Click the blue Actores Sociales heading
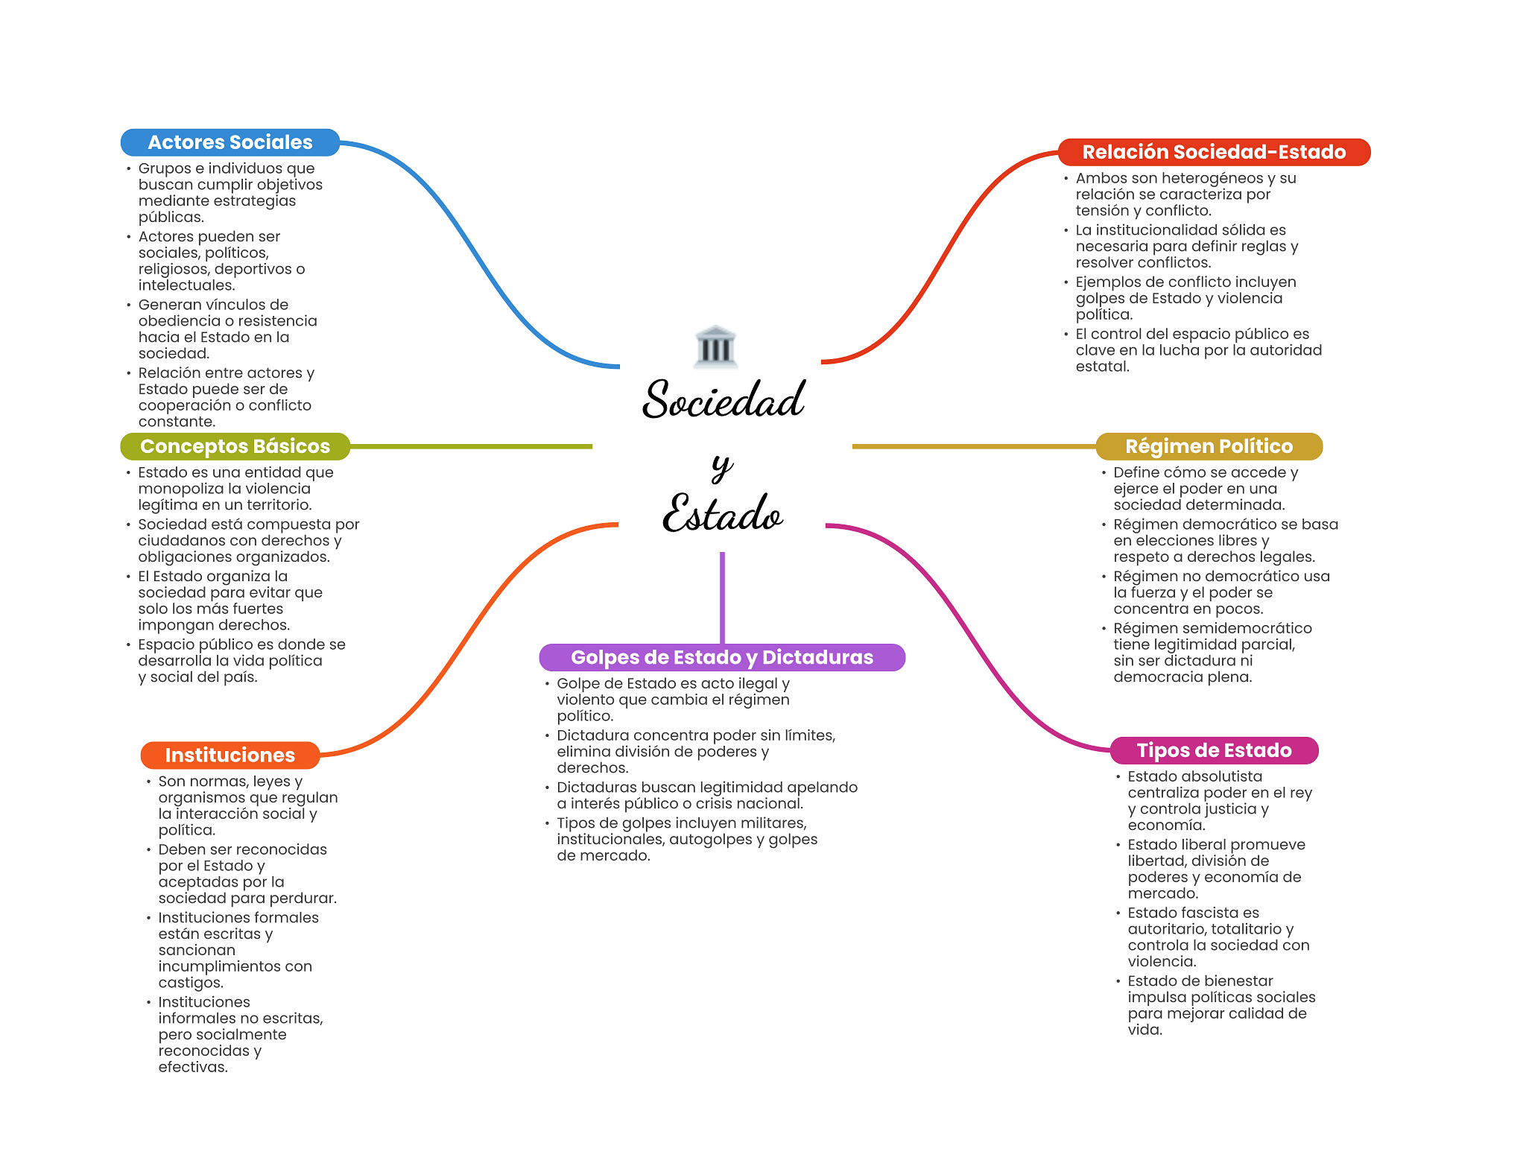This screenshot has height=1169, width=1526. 229,142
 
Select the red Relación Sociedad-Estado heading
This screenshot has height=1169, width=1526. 1213,152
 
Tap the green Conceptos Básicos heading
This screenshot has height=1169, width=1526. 235,446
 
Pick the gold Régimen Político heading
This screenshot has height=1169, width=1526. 1209,446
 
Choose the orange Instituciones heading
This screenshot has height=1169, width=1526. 229,755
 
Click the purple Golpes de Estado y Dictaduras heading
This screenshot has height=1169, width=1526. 721,657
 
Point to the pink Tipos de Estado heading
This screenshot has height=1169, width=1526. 1214,750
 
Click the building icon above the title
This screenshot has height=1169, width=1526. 715,346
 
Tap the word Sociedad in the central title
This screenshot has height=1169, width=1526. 724,400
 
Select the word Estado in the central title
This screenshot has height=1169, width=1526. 723,514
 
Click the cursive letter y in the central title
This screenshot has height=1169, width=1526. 721,466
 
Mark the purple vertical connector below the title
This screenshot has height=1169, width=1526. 722,596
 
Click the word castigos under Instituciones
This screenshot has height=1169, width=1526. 190,983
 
